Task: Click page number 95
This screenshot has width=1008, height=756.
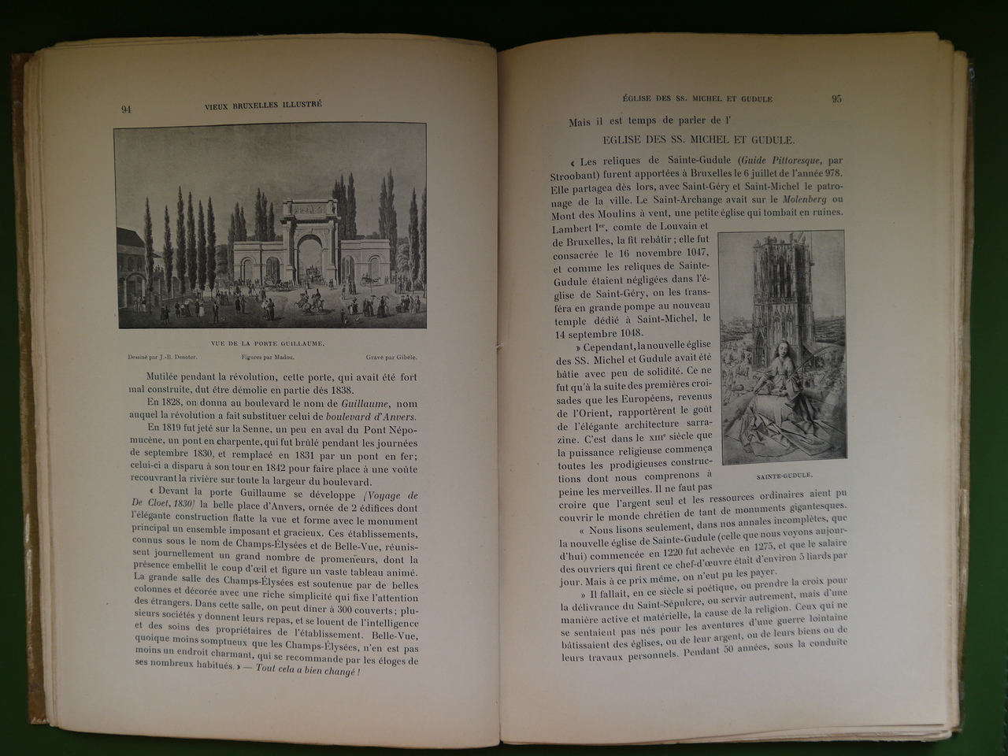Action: pos(836,99)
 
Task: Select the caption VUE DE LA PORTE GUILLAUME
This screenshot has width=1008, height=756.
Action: pos(269,344)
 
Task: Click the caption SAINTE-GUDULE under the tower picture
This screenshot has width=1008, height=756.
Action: pos(784,476)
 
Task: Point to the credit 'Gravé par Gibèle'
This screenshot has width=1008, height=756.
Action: pos(391,358)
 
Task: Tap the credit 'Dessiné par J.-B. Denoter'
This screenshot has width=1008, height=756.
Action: pos(157,358)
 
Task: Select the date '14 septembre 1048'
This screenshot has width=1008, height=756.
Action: pos(599,332)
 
